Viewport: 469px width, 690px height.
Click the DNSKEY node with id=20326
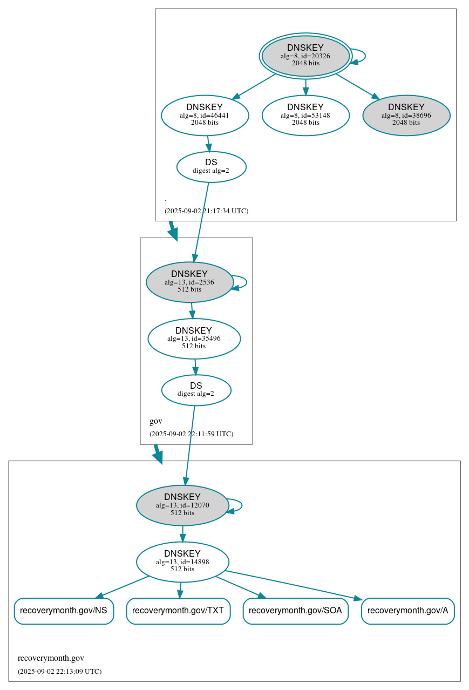pyautogui.click(x=305, y=56)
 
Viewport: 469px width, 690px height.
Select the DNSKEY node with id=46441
pyautogui.click(x=205, y=115)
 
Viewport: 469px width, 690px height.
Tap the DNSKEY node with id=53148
pyautogui.click(x=305, y=115)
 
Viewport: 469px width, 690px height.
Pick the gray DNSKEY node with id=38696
pyautogui.click(x=406, y=115)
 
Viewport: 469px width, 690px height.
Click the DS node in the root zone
pyautogui.click(x=211, y=167)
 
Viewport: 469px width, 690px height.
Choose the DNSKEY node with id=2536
pyautogui.click(x=189, y=282)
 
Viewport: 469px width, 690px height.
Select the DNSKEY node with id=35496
pyautogui.click(x=194, y=339)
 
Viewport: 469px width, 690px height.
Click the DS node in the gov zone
pyautogui.click(x=196, y=390)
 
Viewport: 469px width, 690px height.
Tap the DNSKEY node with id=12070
pyautogui.click(x=182, y=505)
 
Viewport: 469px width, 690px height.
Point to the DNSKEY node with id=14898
pyautogui.click(x=182, y=562)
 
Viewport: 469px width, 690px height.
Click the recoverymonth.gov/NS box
pyautogui.click(x=64, y=611)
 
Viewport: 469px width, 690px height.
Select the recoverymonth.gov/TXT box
pyautogui.click(x=178, y=611)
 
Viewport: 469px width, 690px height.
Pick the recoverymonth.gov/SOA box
pyautogui.click(x=295, y=611)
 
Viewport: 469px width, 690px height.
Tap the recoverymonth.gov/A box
pyautogui.click(x=407, y=611)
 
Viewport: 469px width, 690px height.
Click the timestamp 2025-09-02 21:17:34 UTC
pyautogui.click(x=206, y=211)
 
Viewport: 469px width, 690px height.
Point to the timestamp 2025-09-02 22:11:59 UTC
pyautogui.click(x=191, y=434)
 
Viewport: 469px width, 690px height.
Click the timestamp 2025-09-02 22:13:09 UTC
pyautogui.click(x=59, y=672)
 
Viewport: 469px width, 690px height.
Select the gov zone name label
pyautogui.click(x=155, y=421)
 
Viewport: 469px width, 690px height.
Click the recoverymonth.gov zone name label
pyautogui.click(x=51, y=658)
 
